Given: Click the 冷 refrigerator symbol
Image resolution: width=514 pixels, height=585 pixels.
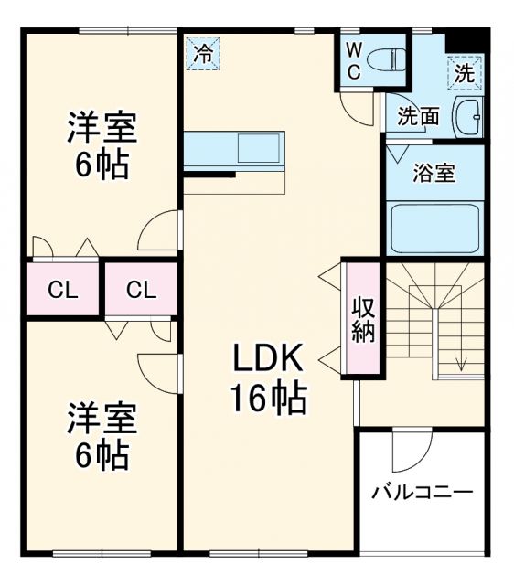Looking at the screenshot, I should (x=203, y=52).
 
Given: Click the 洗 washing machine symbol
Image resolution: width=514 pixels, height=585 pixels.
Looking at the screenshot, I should (x=465, y=73).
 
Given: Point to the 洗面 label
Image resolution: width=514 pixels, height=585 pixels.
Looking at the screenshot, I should (x=418, y=116).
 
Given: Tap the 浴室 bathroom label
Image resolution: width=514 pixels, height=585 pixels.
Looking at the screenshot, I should (x=434, y=173).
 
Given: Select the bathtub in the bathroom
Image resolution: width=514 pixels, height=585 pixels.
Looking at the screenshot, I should (x=435, y=229).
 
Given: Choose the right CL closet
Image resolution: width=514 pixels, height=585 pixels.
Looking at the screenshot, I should (x=141, y=291).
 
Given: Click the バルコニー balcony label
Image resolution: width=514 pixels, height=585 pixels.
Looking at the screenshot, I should (x=422, y=493).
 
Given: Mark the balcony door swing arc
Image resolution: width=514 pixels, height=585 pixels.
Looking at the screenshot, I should (x=412, y=451).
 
